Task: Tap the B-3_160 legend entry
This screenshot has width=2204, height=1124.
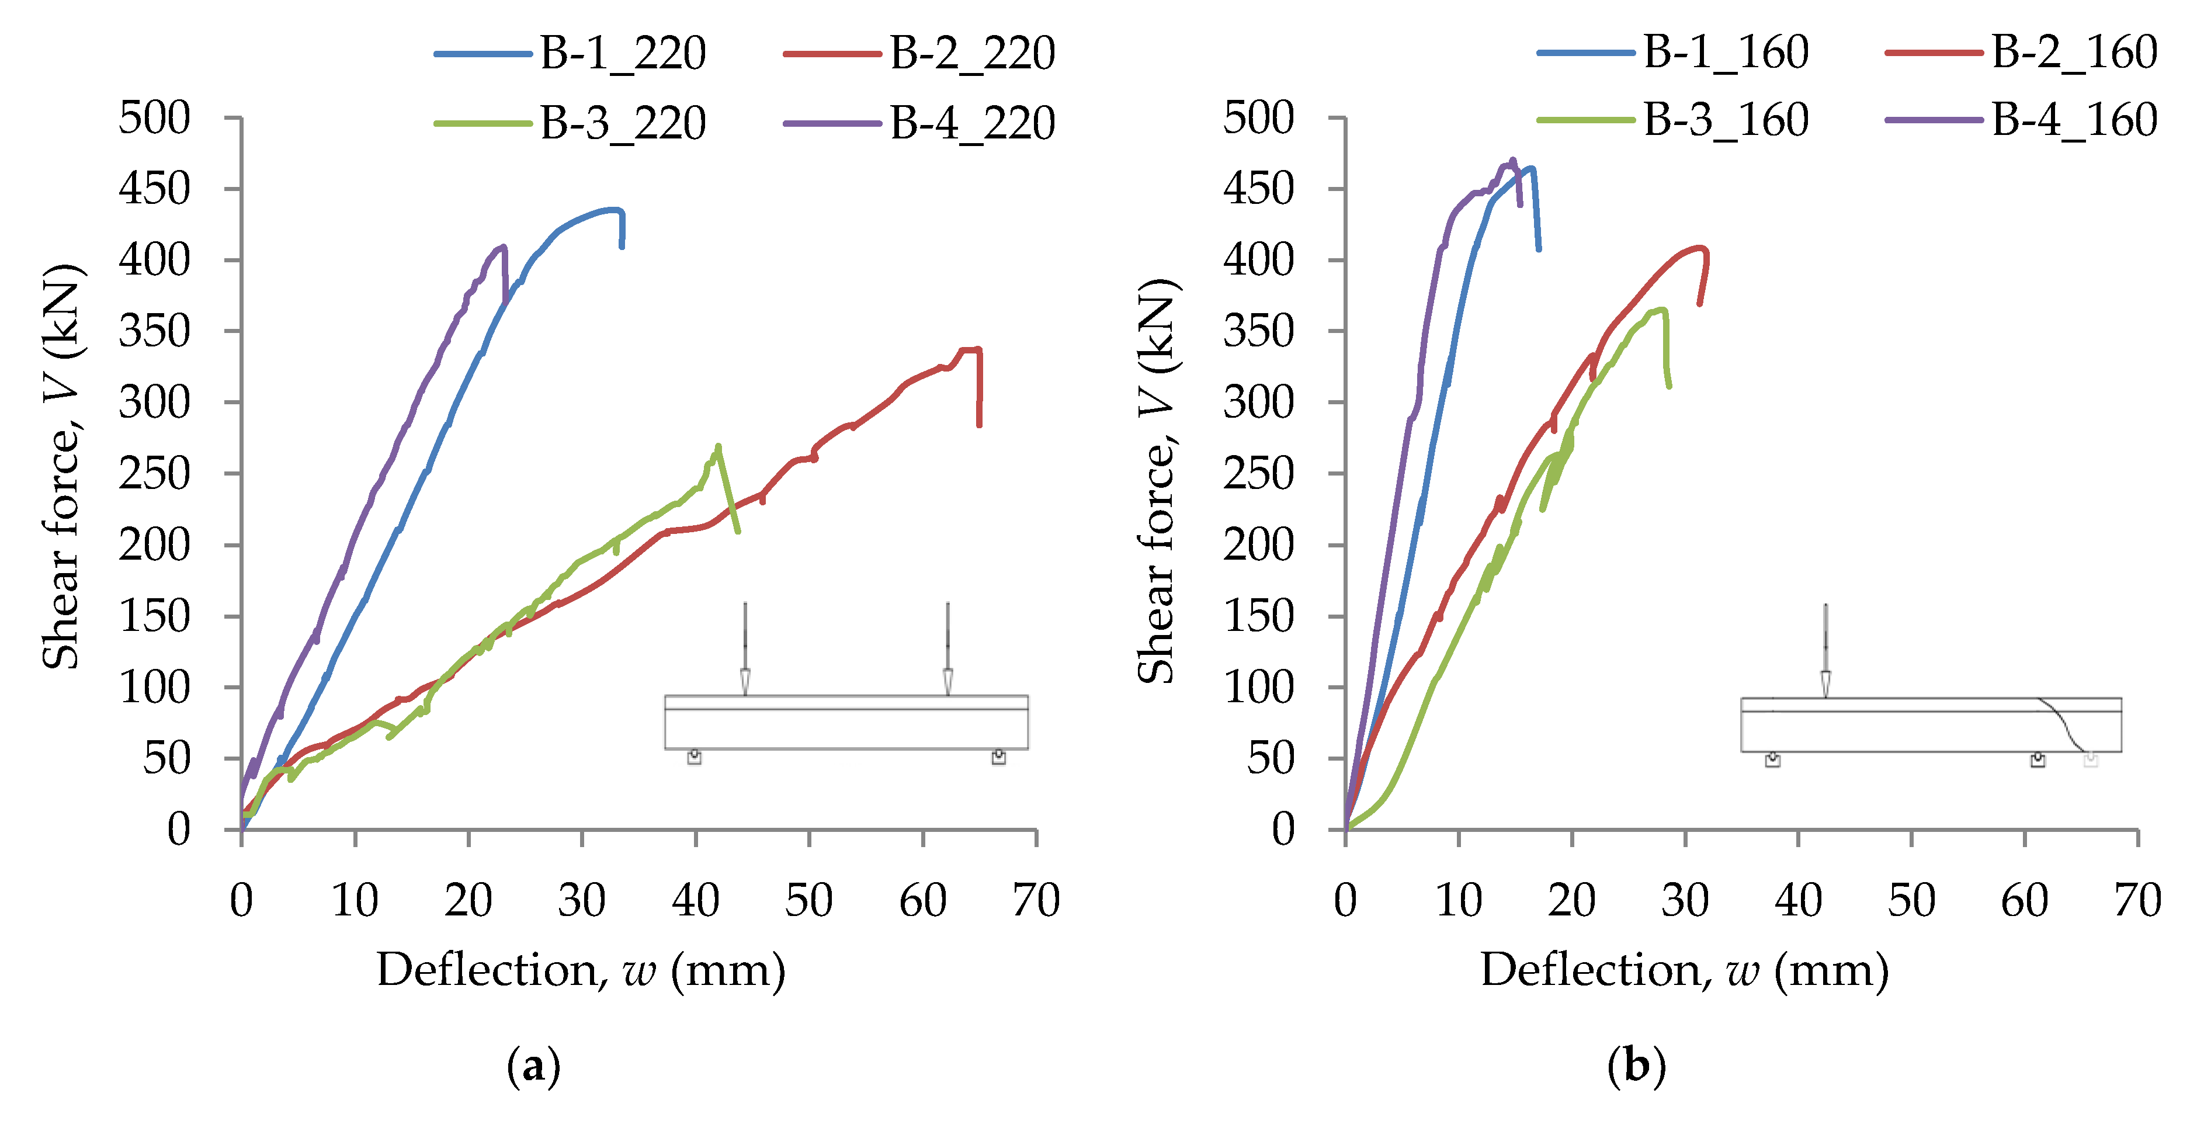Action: pyautogui.click(x=1672, y=120)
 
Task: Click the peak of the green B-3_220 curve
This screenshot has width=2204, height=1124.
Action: pyautogui.click(x=718, y=446)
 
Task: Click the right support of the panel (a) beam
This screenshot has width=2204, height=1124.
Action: pyautogui.click(x=998, y=757)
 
